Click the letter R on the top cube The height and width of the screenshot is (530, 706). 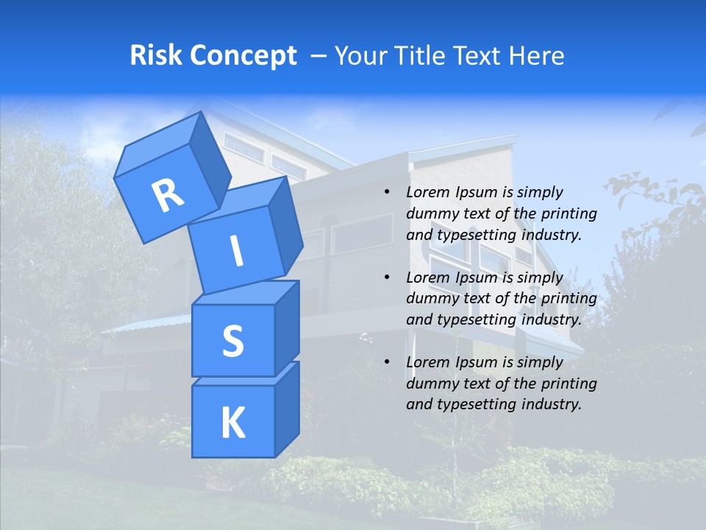pyautogui.click(x=168, y=195)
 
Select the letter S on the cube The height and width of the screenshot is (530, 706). pyautogui.click(x=232, y=341)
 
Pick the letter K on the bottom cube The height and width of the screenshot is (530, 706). pyautogui.click(x=232, y=423)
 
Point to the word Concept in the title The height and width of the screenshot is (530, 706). pyautogui.click(x=243, y=56)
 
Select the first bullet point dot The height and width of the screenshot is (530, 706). pyautogui.click(x=387, y=193)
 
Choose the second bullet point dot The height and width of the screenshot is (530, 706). pyautogui.click(x=387, y=278)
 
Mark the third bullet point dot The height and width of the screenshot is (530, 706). pyautogui.click(x=387, y=362)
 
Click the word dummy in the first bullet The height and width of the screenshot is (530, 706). pyautogui.click(x=430, y=214)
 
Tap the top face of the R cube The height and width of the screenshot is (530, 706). pyautogui.click(x=158, y=147)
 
